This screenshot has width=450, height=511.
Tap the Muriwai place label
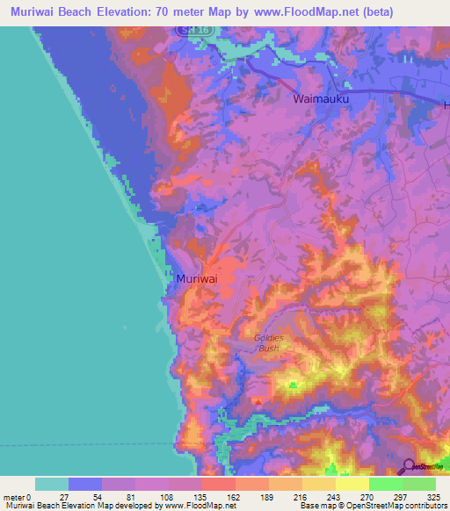[197, 278]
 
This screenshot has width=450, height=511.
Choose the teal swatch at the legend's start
[52, 484]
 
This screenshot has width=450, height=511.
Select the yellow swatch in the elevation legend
[352, 484]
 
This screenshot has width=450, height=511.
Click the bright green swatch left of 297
[386, 484]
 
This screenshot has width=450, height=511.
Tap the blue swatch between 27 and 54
[85, 484]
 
